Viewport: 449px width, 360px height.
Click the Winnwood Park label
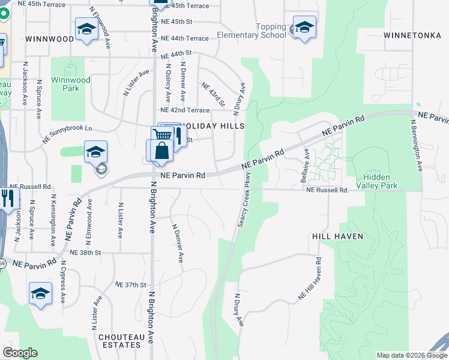click(71, 84)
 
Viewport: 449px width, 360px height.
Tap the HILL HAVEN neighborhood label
click(337, 236)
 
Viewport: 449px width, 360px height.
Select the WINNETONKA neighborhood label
click(412, 35)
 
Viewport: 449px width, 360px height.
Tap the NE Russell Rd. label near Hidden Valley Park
click(327, 190)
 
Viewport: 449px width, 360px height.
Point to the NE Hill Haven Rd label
click(310, 279)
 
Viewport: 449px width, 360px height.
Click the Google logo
click(20, 353)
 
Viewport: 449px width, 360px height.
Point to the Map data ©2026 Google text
click(411, 355)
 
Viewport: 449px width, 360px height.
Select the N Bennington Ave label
click(417, 145)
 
